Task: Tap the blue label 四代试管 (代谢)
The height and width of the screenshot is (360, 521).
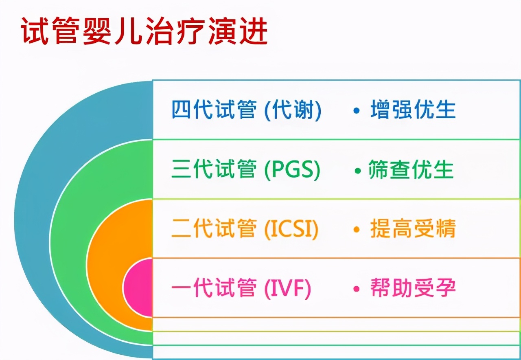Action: (x=246, y=110)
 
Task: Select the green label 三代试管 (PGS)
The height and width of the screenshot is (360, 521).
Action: (x=246, y=170)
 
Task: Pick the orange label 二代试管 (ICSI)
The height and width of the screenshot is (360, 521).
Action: (x=245, y=229)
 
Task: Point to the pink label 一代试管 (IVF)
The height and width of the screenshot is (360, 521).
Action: (x=241, y=289)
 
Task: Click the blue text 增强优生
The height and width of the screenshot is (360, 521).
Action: (x=413, y=110)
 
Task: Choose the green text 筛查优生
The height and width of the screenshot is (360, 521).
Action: (x=411, y=170)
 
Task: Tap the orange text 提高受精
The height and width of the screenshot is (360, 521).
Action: (x=413, y=229)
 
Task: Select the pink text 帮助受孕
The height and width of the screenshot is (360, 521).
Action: (x=413, y=289)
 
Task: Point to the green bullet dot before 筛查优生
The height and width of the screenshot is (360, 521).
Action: (x=357, y=171)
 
